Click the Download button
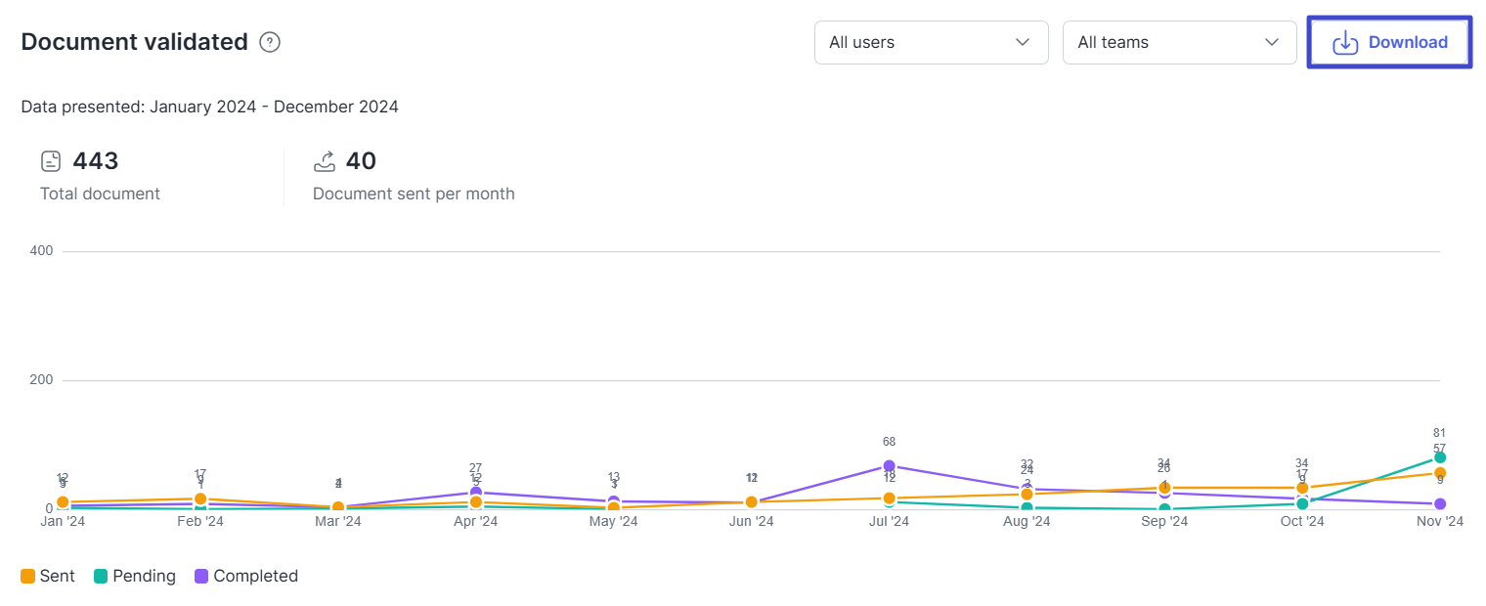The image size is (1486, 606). coord(1389,42)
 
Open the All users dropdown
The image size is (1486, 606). coord(931,42)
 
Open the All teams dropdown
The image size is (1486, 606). coord(1179,42)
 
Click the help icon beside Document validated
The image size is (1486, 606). coord(270,42)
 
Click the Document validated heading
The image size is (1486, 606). coord(134,42)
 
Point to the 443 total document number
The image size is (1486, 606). coord(95,161)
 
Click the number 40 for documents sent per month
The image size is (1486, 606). coord(361,161)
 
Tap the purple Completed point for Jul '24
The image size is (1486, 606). coord(889,466)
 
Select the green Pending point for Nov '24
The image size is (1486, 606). coord(1440,457)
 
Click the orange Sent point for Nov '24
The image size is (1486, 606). coord(1440,473)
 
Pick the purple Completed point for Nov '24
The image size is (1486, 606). coord(1440,504)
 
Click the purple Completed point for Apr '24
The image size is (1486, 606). coord(476,493)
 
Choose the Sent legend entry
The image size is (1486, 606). coord(48,576)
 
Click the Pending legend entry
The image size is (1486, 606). coord(135,576)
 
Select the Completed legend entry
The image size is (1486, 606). coord(245,576)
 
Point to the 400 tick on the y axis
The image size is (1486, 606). coord(41,251)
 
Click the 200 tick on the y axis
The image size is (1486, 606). coord(41,380)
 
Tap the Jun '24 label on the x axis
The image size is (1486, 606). coord(751,522)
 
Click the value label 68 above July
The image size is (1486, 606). coord(889,442)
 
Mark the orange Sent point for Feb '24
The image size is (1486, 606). coord(200,498)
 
